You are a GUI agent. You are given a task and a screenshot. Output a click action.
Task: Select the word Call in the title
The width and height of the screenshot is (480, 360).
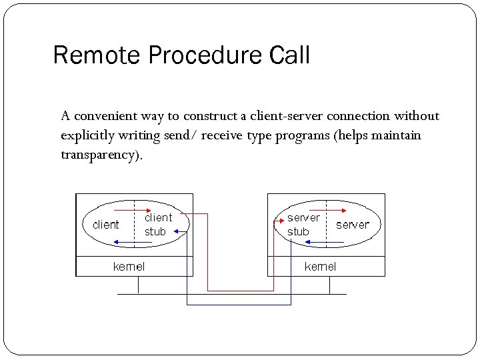(x=289, y=55)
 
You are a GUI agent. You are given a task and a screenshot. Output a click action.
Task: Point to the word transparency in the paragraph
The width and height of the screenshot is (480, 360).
(x=100, y=155)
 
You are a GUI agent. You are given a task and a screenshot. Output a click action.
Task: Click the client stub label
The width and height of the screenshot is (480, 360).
(x=158, y=225)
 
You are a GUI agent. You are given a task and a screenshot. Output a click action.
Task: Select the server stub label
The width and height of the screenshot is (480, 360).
(x=303, y=225)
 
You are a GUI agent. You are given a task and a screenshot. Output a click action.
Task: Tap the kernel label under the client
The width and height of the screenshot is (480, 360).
(x=129, y=267)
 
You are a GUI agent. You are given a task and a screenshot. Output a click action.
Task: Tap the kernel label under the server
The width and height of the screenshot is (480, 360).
(x=320, y=267)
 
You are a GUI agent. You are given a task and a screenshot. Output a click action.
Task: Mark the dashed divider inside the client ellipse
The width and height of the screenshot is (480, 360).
(x=135, y=225)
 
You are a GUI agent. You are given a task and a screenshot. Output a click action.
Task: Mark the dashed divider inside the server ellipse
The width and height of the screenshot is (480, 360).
(x=327, y=225)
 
